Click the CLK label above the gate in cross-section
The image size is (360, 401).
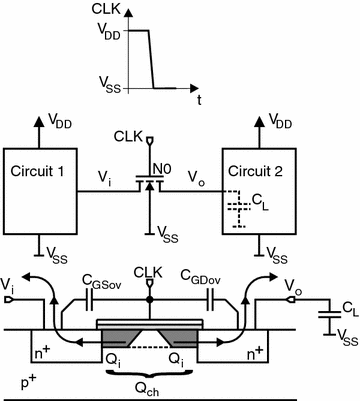pos(147,271)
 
